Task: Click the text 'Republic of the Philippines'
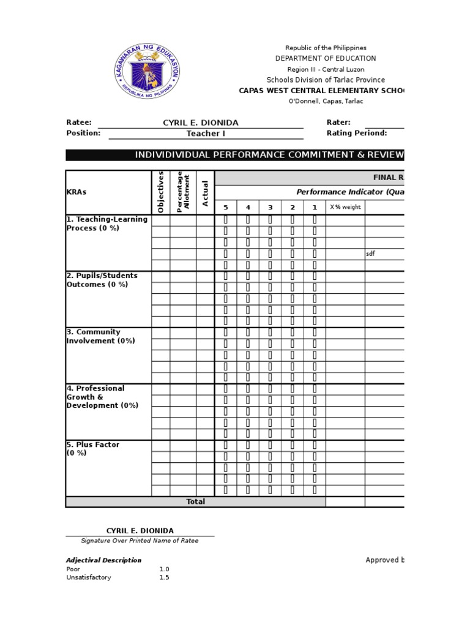pos(326,48)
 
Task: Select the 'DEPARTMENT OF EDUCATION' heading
pos(326,58)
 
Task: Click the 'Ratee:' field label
pos(79,122)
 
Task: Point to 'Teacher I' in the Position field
pos(206,133)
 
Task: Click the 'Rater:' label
pos(338,122)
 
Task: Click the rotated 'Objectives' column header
pos(161,192)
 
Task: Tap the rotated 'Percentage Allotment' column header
pos(183,192)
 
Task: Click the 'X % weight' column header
pos(345,207)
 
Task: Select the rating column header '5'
pos(226,207)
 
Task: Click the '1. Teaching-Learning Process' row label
pos(106,223)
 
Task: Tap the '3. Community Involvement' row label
pos(100,336)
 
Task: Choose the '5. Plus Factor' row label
pos(93,448)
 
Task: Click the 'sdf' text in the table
pos(370,253)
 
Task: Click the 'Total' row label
pos(195,501)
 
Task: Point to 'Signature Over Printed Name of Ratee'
pos(140,541)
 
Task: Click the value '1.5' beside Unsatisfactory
pos(164,577)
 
